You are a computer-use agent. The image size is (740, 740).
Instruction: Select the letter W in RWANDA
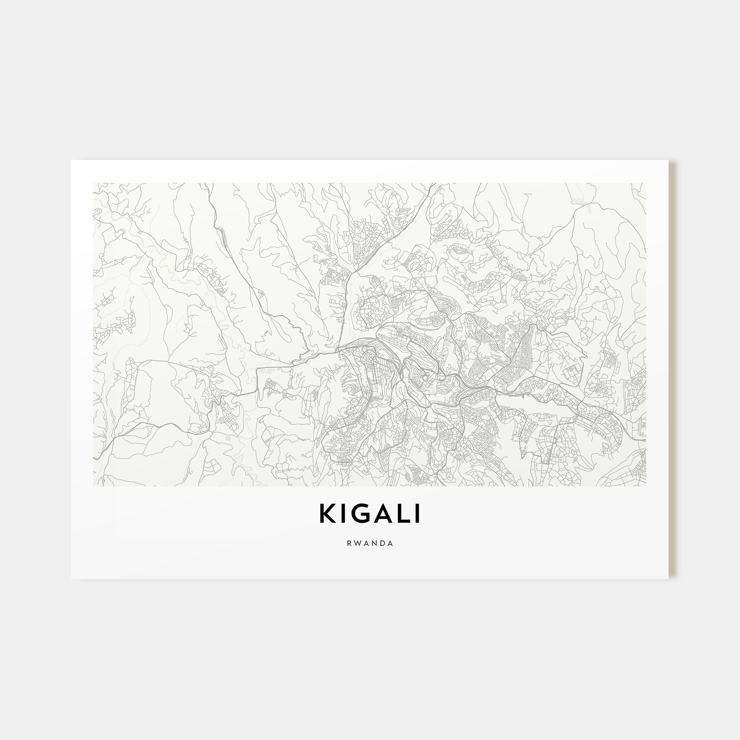click(358, 544)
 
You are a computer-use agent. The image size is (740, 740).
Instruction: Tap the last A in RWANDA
click(391, 544)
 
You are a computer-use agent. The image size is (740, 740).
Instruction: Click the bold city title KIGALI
click(370, 514)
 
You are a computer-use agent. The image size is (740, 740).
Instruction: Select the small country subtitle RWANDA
click(370, 544)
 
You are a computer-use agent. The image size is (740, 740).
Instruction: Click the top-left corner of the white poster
click(72, 161)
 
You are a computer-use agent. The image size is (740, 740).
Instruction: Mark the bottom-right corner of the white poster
click(668, 578)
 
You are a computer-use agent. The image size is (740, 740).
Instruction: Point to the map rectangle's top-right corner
click(646, 183)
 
